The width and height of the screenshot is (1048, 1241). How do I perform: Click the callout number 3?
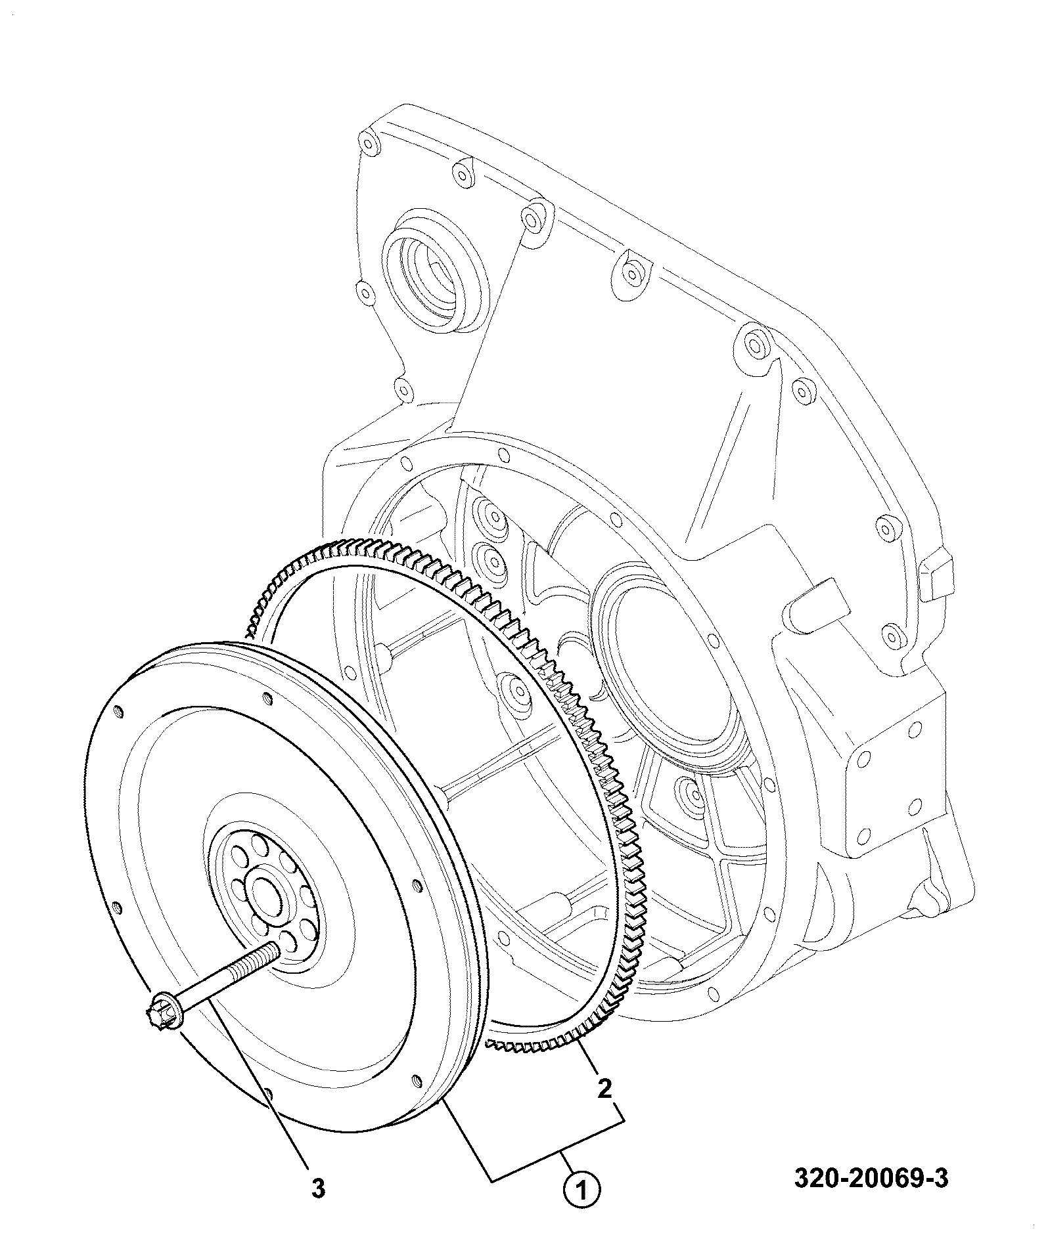318,1188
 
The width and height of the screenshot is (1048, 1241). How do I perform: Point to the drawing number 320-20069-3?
871,1178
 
